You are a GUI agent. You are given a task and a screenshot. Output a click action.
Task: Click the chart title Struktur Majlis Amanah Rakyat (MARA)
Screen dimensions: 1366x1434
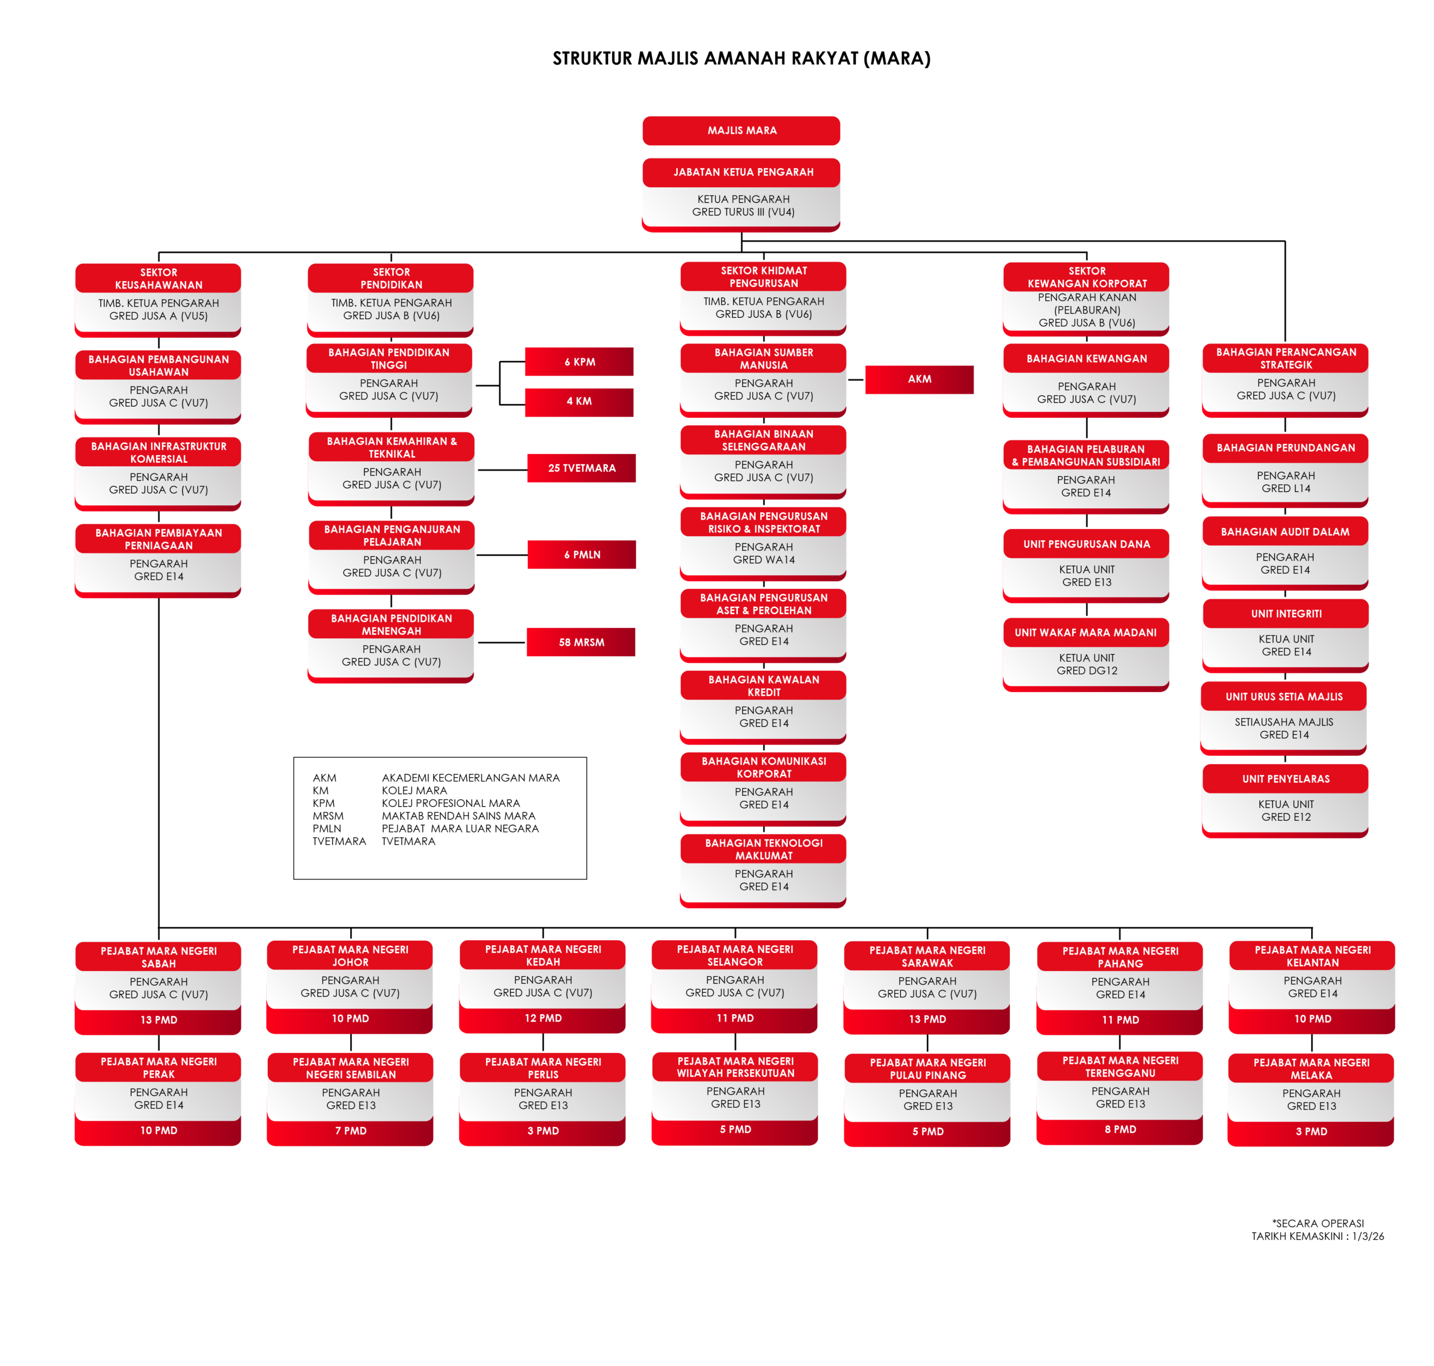click(741, 58)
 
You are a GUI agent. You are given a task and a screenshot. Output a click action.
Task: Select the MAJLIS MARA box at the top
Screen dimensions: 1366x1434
click(741, 131)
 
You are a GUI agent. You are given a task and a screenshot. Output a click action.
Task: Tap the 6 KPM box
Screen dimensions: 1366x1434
click(579, 362)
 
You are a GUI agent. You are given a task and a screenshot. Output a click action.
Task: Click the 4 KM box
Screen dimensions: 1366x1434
click(579, 401)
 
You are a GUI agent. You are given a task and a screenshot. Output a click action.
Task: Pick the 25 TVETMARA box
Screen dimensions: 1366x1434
click(581, 468)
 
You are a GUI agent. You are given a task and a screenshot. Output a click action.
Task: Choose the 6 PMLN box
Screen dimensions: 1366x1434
click(581, 555)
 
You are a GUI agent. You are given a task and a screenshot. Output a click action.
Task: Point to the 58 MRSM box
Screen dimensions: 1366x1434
click(581, 642)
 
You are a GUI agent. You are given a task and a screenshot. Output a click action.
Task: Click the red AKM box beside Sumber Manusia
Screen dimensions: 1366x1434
click(919, 379)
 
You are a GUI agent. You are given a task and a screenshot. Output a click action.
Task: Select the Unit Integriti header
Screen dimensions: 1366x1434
click(1286, 614)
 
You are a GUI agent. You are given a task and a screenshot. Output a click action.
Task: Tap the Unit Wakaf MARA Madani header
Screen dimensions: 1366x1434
click(1086, 633)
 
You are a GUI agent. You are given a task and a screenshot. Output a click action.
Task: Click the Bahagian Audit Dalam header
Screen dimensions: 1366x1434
click(1285, 532)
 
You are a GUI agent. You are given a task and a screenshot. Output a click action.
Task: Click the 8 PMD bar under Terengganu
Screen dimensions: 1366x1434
click(1120, 1130)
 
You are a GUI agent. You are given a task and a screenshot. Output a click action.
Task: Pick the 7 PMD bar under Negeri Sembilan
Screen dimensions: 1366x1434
click(350, 1131)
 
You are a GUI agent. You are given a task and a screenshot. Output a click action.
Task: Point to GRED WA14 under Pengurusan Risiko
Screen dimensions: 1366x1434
click(763, 560)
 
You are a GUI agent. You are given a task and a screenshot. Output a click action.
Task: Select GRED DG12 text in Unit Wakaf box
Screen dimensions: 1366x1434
click(1086, 671)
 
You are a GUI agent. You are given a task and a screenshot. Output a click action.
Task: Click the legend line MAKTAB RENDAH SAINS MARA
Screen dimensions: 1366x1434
click(458, 816)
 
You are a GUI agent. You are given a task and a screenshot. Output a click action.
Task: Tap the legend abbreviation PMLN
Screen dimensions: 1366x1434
click(327, 829)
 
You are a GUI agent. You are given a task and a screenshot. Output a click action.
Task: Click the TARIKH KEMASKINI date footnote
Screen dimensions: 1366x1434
click(1317, 1237)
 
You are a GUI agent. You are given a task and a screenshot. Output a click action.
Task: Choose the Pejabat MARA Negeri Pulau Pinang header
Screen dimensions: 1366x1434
click(928, 1069)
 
